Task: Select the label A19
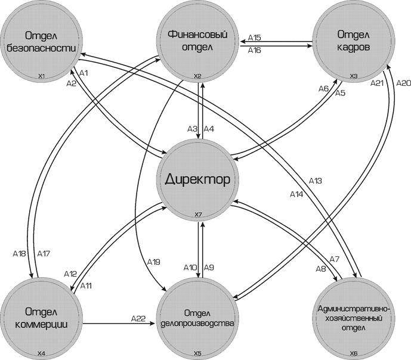point(153,262)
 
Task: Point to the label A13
point(315,181)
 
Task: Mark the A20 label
point(403,83)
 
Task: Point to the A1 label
point(84,72)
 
